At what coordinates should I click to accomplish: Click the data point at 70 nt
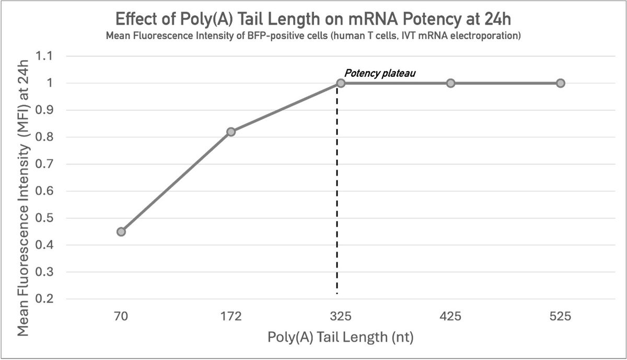121,231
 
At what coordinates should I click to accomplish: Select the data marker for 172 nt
231,132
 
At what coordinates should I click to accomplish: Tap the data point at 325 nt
341,83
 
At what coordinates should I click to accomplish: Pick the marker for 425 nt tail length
450,83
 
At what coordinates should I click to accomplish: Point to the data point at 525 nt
560,83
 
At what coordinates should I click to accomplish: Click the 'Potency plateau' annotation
380,74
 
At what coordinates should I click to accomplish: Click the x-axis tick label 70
121,316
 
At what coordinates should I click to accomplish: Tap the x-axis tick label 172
231,316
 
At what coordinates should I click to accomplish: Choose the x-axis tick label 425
450,316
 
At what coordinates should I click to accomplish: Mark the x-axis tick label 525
560,316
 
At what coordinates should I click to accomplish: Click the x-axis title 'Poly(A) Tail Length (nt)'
340,337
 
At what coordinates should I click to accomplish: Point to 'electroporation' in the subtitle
488,37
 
